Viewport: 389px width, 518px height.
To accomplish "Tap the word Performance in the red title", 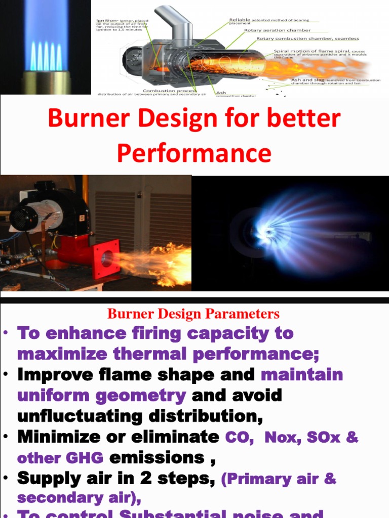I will (x=194, y=153).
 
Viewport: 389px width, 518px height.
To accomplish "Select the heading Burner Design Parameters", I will (x=193, y=314).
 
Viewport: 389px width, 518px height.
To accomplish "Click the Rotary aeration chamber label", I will (x=278, y=30).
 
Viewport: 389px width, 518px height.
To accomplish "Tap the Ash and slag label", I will (x=308, y=80).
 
